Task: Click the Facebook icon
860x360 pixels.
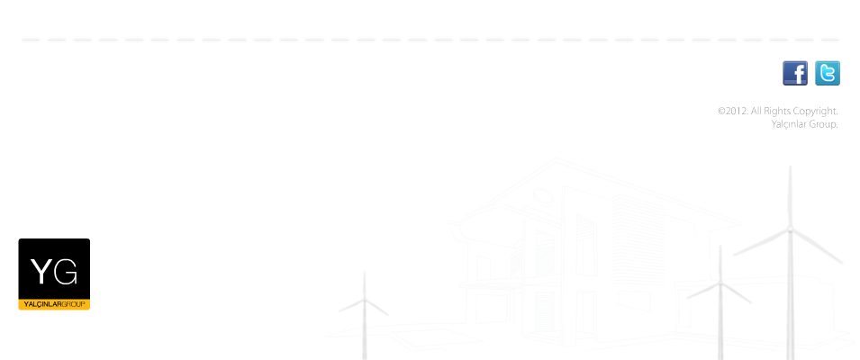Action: (x=795, y=73)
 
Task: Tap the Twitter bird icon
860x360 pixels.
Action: (x=827, y=73)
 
